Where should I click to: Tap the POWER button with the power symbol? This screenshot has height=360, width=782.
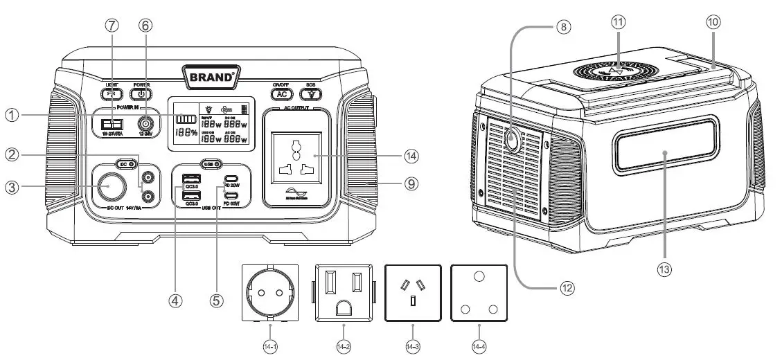point(141,94)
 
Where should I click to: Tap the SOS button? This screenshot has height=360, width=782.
point(311,94)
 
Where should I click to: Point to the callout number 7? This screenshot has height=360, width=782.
point(112,24)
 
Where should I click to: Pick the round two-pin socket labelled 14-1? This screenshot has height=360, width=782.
point(270,292)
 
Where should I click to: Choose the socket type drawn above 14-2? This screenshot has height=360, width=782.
point(343,292)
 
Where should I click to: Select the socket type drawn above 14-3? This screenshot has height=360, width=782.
point(413,292)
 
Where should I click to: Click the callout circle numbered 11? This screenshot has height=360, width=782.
point(618,22)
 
